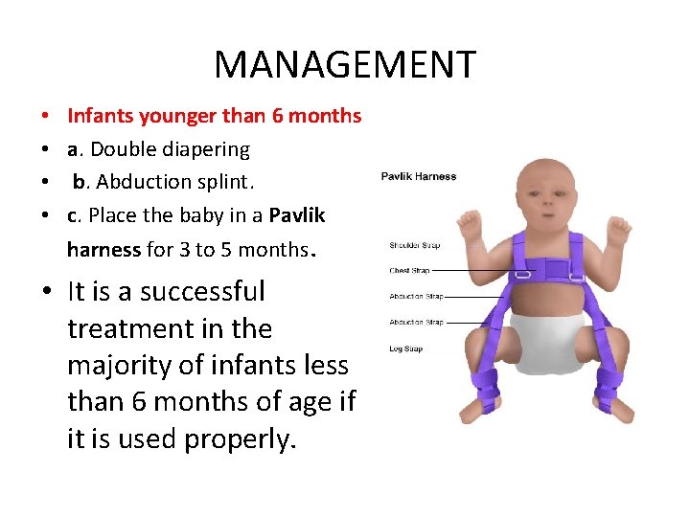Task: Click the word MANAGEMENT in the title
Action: click(344, 65)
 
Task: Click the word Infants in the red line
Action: click(101, 117)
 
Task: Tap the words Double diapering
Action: click(169, 149)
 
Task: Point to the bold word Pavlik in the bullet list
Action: click(297, 215)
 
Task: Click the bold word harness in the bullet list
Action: click(103, 250)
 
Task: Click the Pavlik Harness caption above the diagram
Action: click(419, 176)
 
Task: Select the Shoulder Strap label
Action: click(414, 246)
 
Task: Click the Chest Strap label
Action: click(409, 271)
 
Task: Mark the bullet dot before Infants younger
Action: click(46, 118)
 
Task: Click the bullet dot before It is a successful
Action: click(46, 293)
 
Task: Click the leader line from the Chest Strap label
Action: click(470, 271)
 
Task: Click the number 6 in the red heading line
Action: click(277, 117)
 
